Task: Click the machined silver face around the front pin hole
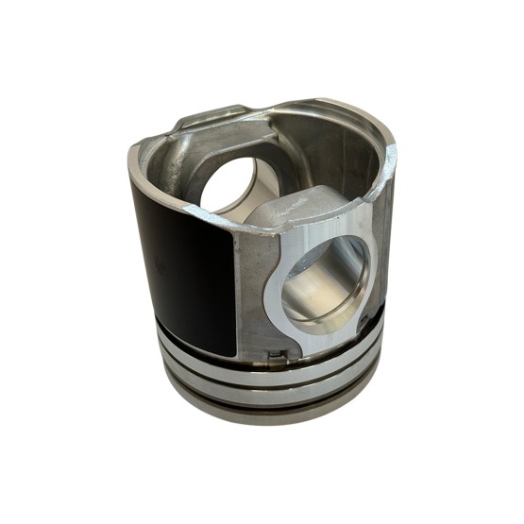[x=283, y=312]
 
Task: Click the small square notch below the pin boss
[x=275, y=356]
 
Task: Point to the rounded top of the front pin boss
[x=302, y=203]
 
